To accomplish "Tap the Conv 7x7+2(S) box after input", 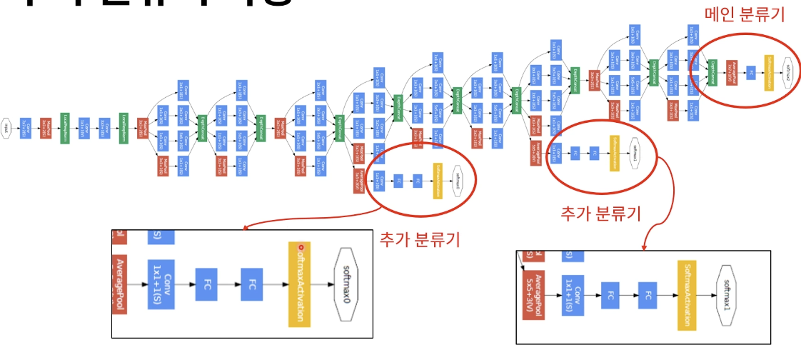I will coord(26,128).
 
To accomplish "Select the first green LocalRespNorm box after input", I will coord(65,128).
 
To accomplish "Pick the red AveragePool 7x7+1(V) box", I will coord(732,71).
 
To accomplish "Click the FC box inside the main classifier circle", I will coord(750,71).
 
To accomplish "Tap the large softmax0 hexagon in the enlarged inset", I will coord(348,284).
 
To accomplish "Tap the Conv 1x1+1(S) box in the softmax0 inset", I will coord(161,284).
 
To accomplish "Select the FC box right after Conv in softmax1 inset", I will coord(609,294).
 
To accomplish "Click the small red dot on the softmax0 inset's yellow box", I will coord(301,248).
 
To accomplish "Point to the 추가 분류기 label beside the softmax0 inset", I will coord(419,239).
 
